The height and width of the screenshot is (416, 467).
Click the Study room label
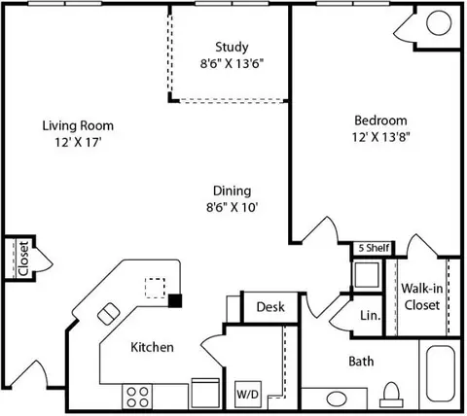click(232, 46)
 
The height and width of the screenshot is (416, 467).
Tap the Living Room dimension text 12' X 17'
click(77, 142)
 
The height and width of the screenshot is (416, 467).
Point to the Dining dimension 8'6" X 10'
click(232, 206)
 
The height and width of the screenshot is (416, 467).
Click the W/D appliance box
click(247, 395)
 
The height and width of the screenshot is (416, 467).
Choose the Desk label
click(269, 307)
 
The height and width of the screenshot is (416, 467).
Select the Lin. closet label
click(370, 315)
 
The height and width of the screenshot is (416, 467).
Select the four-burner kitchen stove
click(138, 397)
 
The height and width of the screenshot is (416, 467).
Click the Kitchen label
click(153, 347)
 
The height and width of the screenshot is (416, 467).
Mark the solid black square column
click(175, 300)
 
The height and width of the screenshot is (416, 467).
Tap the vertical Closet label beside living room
click(21, 259)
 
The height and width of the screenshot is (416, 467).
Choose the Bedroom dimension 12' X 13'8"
click(379, 138)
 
